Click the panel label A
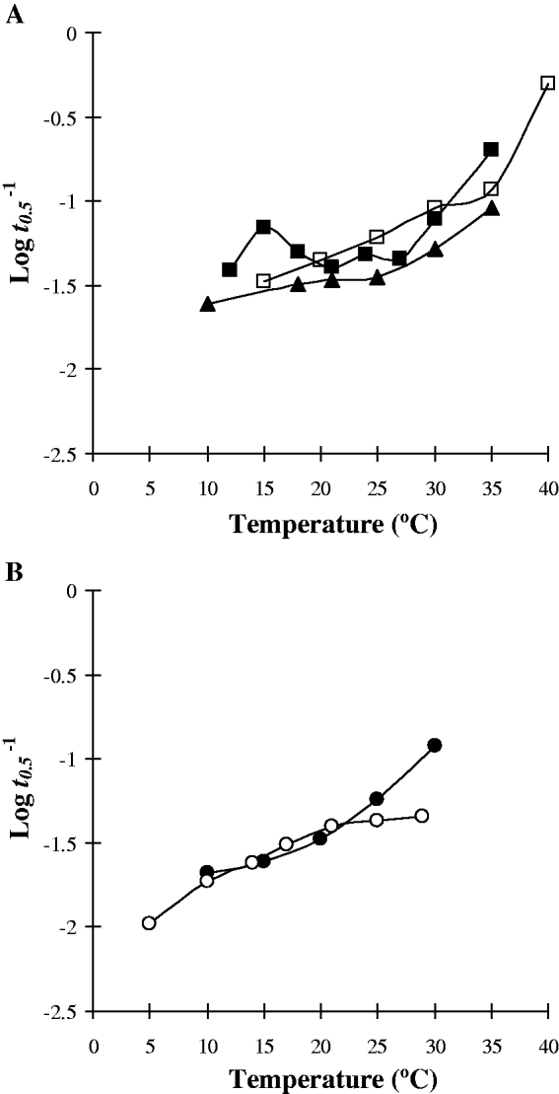[15, 16]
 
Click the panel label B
[15, 572]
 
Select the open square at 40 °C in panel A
[547, 83]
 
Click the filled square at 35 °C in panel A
[491, 149]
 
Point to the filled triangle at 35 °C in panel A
[491, 209]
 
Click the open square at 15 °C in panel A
[263, 280]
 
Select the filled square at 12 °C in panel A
[230, 269]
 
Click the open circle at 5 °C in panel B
[150, 923]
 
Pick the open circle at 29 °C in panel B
[422, 815]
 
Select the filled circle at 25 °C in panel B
[377, 798]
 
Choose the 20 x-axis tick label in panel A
[320, 488]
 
